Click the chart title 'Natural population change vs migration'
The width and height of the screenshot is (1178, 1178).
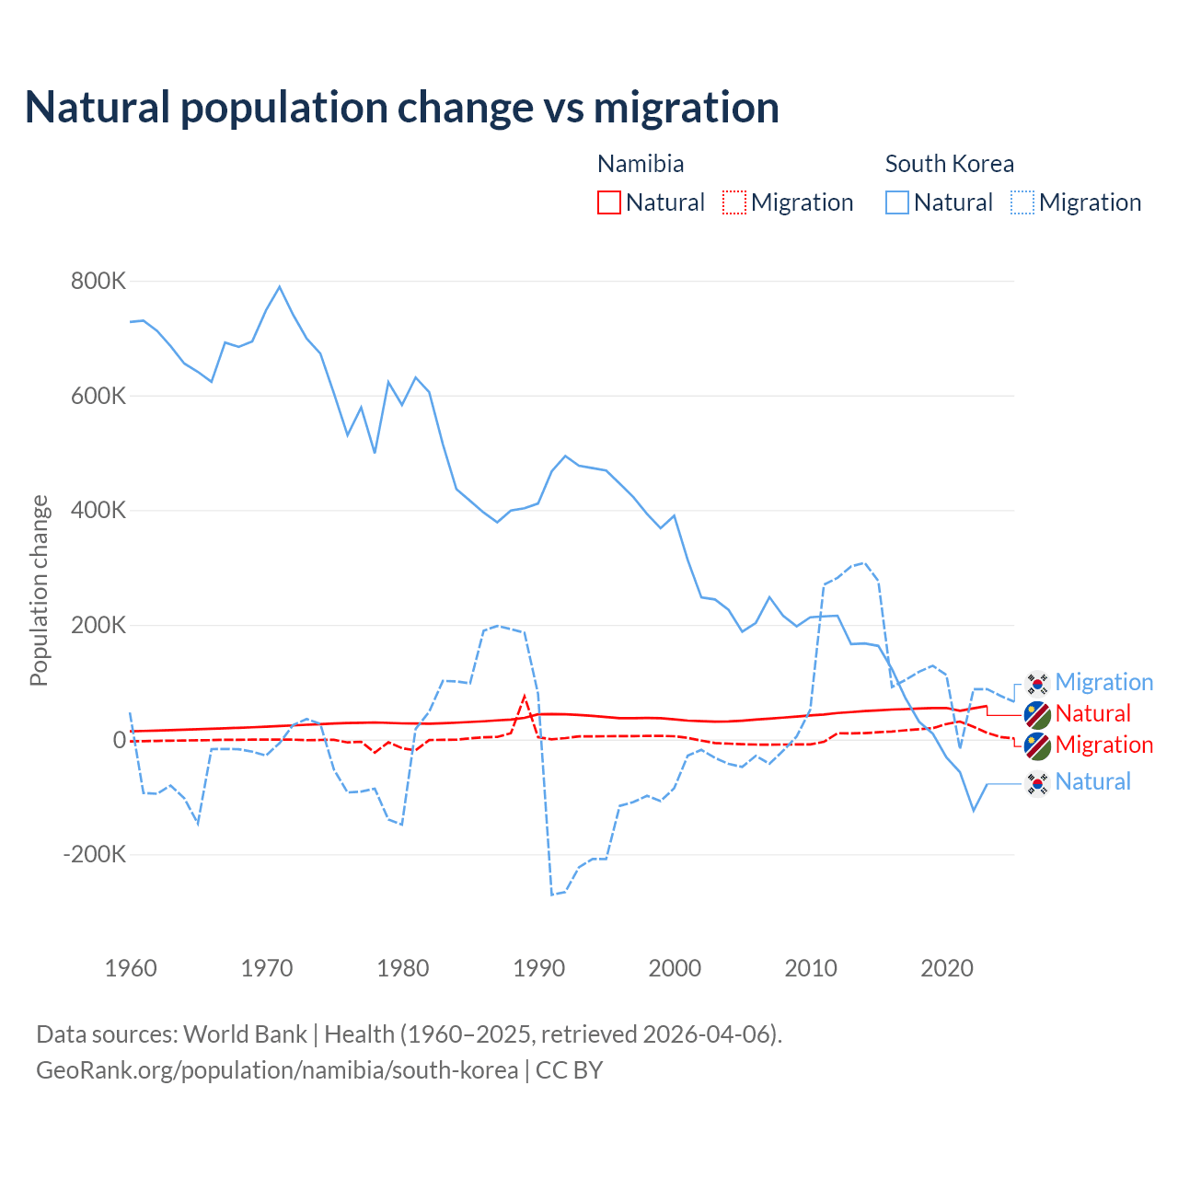coord(402,108)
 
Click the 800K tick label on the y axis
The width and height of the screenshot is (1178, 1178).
coord(98,281)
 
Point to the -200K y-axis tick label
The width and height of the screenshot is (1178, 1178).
coord(95,854)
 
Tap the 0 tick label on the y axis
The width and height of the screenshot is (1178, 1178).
coord(119,739)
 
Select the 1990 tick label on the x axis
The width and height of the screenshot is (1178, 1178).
coord(539,968)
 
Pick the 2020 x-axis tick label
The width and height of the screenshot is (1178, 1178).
coord(947,968)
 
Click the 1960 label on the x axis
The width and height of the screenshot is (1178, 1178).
coord(132,968)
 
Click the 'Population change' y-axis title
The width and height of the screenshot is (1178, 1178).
coord(39,590)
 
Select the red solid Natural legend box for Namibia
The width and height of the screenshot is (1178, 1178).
coord(609,202)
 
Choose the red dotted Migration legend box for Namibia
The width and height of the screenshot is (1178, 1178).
coord(734,202)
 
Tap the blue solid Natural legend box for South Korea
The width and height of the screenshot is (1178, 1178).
coord(897,202)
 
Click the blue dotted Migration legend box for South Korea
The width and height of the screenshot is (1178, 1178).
coord(1022,202)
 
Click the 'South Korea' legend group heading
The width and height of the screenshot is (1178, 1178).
coord(949,164)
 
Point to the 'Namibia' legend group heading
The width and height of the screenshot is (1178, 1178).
coord(641,164)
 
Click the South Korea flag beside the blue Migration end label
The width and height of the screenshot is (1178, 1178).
coord(1037,683)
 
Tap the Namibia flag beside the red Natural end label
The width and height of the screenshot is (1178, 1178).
coord(1037,714)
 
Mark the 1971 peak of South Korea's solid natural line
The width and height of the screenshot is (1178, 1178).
coord(280,286)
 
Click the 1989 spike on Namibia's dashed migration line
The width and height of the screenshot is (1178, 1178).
coord(525,697)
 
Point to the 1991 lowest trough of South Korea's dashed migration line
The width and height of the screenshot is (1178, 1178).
coord(552,895)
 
